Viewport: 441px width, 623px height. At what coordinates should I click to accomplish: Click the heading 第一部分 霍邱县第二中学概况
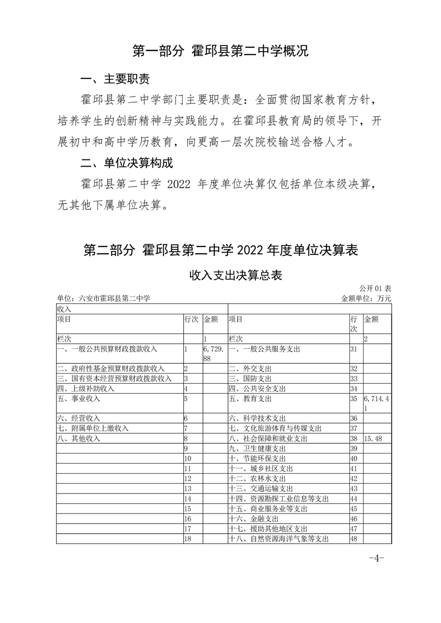pos(220,52)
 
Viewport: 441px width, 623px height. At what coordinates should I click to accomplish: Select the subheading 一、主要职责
pos(115,79)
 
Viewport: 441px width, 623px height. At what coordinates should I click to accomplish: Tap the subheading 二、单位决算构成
pos(127,163)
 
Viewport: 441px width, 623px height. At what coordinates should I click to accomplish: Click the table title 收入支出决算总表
pos(220,275)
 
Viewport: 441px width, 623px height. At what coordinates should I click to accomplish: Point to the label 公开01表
pos(375,289)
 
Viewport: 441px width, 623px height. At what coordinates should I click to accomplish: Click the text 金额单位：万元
pos(366,298)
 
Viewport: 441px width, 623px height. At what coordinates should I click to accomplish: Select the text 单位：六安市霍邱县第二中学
pos(104,298)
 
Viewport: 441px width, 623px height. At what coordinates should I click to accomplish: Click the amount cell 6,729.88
pos(213,354)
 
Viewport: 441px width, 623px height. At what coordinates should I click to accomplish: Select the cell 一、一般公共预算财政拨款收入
pos(107,349)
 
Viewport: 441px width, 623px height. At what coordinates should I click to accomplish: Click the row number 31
pos(353,349)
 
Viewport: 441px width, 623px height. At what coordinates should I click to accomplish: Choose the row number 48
pos(353,538)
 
